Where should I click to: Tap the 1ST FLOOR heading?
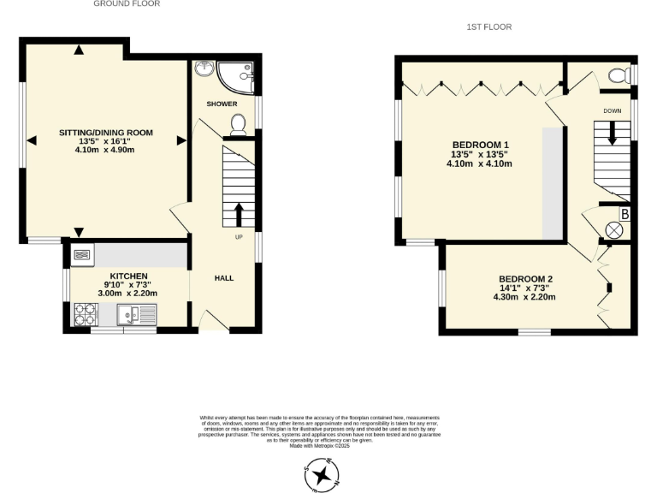[x=488, y=27]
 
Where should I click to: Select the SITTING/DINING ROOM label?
[x=105, y=132]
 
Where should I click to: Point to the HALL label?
[x=224, y=278]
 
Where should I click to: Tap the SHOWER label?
[x=222, y=104]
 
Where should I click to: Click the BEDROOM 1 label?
[x=479, y=144]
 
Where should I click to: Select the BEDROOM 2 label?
[x=525, y=279]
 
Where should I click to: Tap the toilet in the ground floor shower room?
[x=239, y=125]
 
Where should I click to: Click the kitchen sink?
[x=138, y=317]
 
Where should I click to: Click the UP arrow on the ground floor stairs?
[x=239, y=213]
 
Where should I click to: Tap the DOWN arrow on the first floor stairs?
[x=612, y=133]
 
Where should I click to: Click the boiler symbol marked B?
[x=624, y=214]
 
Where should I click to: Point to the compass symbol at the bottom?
[x=322, y=473]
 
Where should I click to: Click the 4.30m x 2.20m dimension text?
[x=524, y=297]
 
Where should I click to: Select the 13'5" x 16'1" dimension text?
[x=105, y=141]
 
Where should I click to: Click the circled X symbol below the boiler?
[x=613, y=229]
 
